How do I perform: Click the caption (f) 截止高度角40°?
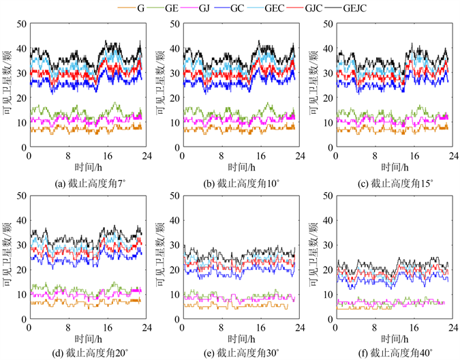[391, 353]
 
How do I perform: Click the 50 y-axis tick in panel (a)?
[20, 24]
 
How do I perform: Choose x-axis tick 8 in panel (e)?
[221, 327]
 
